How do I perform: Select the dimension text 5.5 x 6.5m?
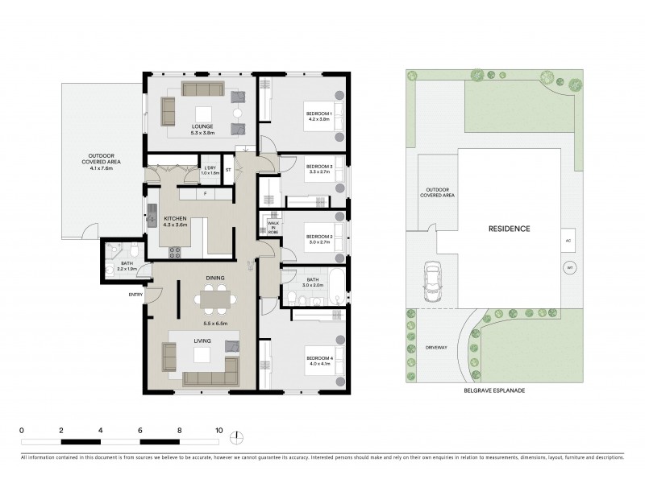click(x=214, y=324)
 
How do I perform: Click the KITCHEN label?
click(x=176, y=219)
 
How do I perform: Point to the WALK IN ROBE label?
click(x=273, y=228)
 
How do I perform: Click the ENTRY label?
click(x=135, y=295)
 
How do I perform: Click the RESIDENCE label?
click(x=509, y=229)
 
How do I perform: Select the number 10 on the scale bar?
click(x=218, y=431)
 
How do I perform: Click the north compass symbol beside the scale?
click(x=236, y=438)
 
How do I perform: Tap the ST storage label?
click(x=228, y=170)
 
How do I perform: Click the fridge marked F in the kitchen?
click(x=205, y=193)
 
